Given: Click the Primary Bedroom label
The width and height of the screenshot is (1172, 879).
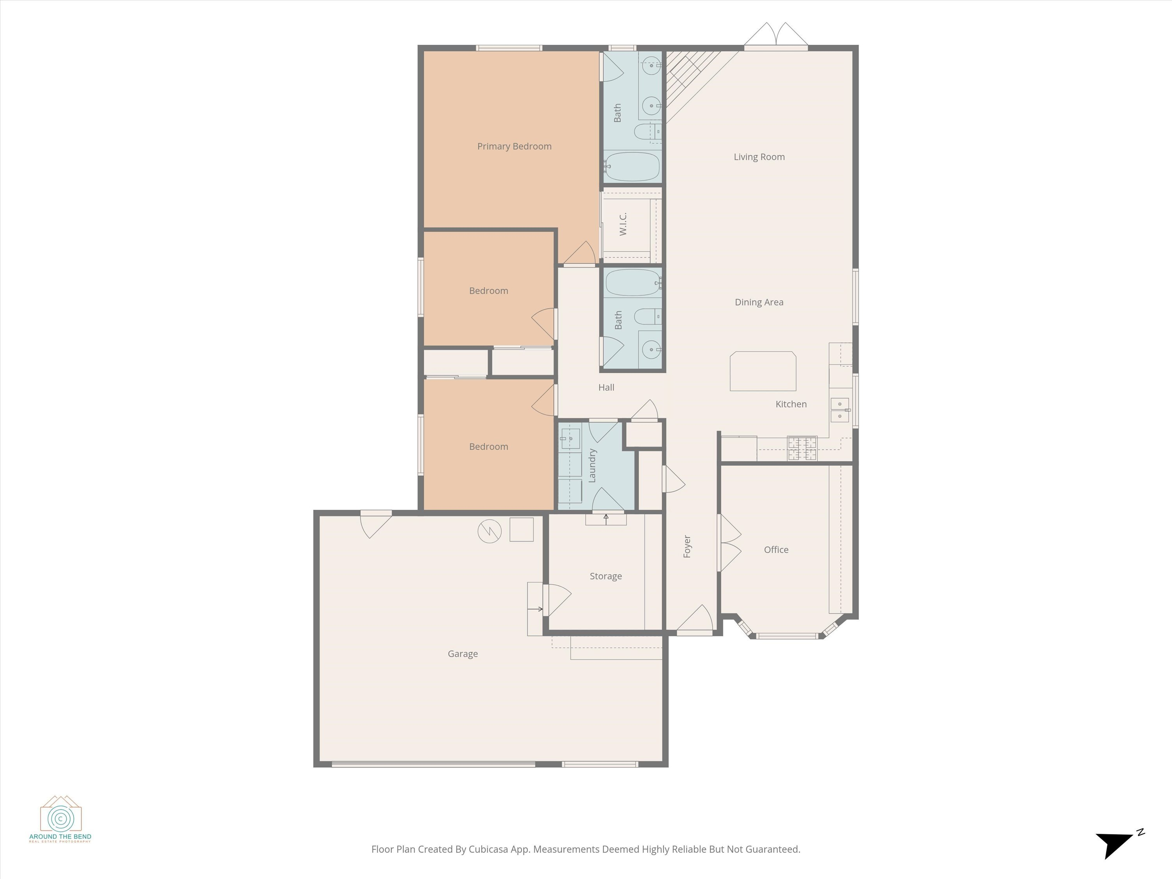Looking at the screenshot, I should click(x=514, y=146).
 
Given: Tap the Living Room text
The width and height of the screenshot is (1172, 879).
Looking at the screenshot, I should click(x=759, y=157).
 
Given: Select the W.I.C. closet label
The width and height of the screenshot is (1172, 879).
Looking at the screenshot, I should click(x=623, y=224).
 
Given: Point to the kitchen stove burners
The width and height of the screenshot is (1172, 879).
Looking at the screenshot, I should click(x=802, y=448).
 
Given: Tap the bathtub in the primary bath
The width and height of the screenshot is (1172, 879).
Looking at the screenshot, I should click(x=632, y=166).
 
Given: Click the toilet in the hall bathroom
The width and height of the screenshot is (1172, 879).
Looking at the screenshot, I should click(x=647, y=316).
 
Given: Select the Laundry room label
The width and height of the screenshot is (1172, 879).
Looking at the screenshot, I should click(x=592, y=465).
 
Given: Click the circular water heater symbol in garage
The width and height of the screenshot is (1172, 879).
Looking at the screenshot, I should click(x=489, y=531).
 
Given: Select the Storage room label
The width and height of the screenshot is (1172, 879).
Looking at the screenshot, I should click(x=606, y=576).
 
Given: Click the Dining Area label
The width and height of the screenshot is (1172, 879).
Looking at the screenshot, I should click(x=759, y=302).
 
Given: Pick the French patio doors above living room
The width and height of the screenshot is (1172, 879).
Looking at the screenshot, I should click(x=776, y=36).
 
